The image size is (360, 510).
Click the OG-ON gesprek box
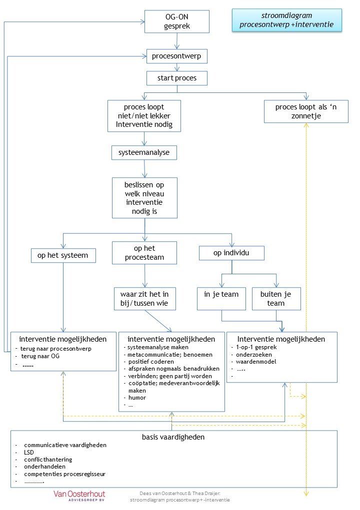[x=176, y=21]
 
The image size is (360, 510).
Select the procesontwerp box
[x=176, y=56]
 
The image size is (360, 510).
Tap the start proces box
[x=176, y=78]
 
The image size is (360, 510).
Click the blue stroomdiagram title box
[x=287, y=20]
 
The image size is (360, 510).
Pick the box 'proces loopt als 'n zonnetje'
[x=306, y=111]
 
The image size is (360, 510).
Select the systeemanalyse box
[x=144, y=152]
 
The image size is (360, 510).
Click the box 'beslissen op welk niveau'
[x=144, y=198]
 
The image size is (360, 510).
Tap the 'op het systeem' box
[x=63, y=255]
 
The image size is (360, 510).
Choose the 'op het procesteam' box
[x=144, y=253]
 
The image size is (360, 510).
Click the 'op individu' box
[x=231, y=253]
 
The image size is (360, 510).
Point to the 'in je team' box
[x=221, y=299]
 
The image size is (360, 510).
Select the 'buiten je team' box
[x=276, y=299]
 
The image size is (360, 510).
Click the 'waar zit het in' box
[x=145, y=299]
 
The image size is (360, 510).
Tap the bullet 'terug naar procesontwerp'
[x=55, y=349]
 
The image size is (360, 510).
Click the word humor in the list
[x=137, y=398]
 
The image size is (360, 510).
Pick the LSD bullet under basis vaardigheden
[x=28, y=452]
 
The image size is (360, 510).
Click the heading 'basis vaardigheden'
[x=173, y=437]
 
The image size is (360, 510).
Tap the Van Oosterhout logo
[x=79, y=496]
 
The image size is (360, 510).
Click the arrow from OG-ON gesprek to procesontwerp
[x=176, y=41]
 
